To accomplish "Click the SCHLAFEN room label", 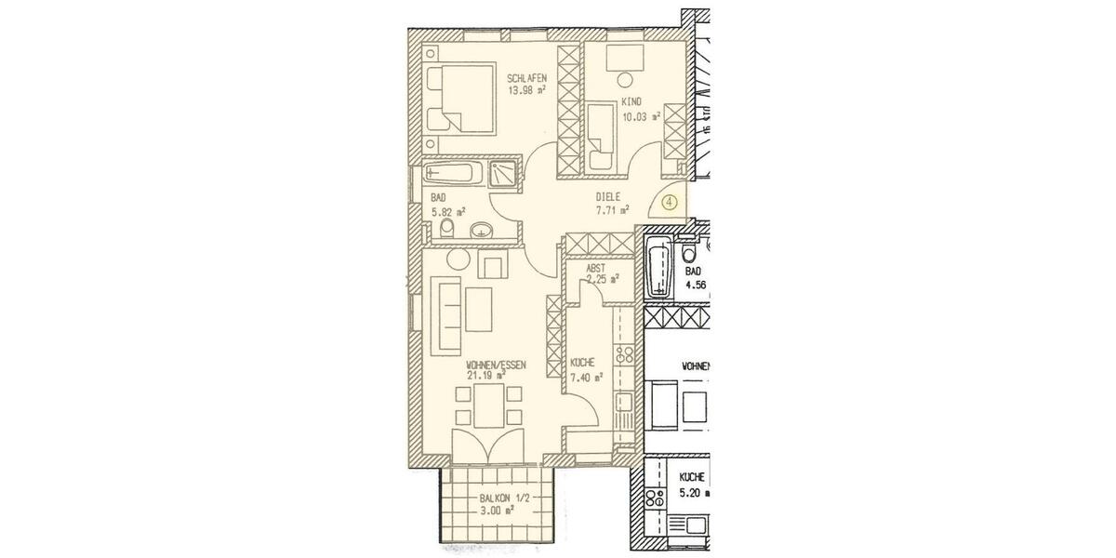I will (x=526, y=78).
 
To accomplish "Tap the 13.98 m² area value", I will (x=526, y=91).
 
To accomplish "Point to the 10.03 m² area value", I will (x=640, y=117).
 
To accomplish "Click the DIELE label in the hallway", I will (x=608, y=197).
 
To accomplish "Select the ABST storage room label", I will (x=596, y=268).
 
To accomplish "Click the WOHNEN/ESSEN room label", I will (x=497, y=365).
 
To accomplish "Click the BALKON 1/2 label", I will (x=499, y=499).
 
